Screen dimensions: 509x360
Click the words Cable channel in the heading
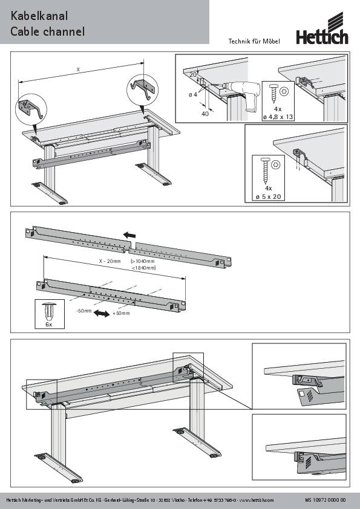47,31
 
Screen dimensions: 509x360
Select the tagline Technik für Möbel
254,41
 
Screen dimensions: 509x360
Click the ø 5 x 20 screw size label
269,196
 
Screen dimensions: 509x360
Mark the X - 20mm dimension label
111,261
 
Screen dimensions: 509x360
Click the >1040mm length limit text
144,261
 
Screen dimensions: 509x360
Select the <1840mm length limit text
144,268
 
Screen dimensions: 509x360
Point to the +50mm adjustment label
121,314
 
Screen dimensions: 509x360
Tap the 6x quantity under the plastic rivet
49,325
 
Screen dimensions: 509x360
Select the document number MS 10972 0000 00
326,500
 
